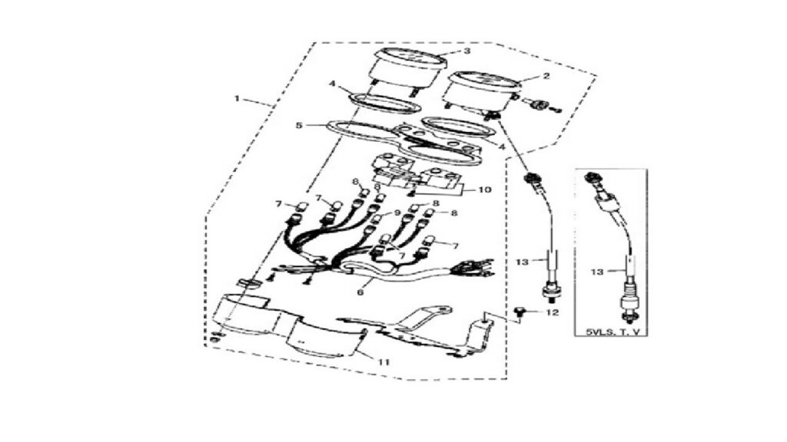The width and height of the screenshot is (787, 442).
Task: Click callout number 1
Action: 237,99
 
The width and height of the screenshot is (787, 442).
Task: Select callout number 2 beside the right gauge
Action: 546,76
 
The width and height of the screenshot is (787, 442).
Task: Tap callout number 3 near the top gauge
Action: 467,51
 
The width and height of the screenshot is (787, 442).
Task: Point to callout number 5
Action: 299,125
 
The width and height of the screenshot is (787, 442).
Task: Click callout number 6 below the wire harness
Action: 360,292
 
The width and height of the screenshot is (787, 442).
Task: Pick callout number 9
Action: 397,213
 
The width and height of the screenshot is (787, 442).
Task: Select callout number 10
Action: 486,190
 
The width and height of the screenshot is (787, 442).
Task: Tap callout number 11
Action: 384,362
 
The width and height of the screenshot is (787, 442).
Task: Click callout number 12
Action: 552,313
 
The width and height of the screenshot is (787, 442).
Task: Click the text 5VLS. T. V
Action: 609,331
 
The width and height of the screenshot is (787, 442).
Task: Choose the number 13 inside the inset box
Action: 596,272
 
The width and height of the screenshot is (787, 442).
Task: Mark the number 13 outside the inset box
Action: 523,262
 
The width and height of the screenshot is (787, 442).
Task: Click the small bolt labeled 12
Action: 520,313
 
